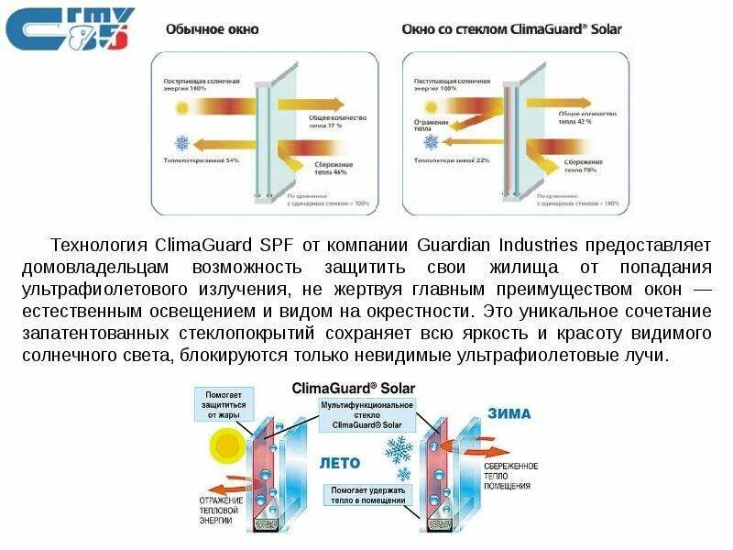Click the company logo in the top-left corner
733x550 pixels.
[70, 28]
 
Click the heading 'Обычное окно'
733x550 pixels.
[212, 29]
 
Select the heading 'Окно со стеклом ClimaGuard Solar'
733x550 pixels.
[511, 29]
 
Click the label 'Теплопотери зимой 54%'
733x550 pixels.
[201, 160]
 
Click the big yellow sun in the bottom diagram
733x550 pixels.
[224, 448]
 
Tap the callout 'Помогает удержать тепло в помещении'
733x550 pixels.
[367, 495]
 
